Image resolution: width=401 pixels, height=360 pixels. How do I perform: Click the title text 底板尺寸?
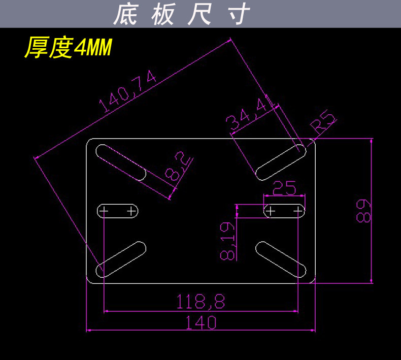(x=181, y=14)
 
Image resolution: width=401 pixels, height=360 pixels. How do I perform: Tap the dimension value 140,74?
(x=128, y=91)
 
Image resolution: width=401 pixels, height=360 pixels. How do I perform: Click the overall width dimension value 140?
(x=201, y=322)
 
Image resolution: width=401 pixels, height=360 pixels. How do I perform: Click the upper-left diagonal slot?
(x=121, y=162)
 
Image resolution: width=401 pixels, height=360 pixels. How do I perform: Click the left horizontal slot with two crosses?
(x=118, y=210)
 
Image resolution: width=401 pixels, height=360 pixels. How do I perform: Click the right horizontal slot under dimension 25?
(x=284, y=210)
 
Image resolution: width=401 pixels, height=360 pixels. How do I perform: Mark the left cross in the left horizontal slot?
(x=104, y=210)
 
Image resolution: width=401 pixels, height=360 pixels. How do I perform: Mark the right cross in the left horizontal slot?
(x=132, y=210)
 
